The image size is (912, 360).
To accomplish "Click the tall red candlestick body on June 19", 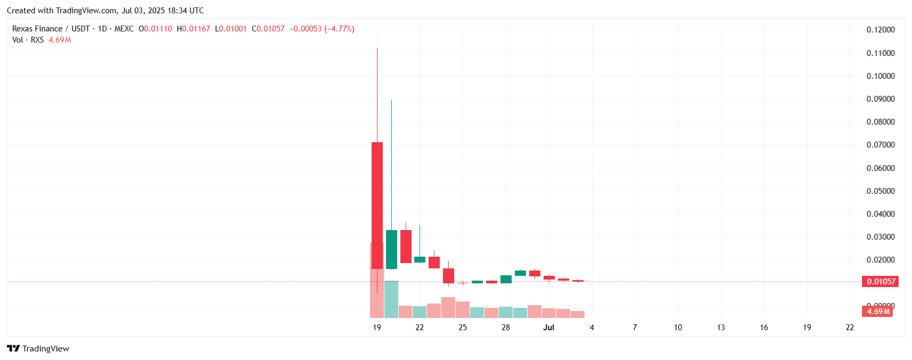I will click(x=377, y=205).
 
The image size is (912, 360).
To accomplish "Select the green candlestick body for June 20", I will click(x=391, y=249).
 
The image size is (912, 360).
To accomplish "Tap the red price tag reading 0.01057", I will click(x=880, y=282).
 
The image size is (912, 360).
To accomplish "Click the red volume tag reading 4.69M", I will click(x=877, y=312).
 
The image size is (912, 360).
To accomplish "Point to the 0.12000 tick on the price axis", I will click(x=881, y=30).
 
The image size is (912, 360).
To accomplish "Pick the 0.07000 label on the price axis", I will click(x=881, y=145).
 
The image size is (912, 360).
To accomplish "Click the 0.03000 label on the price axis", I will click(x=881, y=237).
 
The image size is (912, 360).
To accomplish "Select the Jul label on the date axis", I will click(x=548, y=328).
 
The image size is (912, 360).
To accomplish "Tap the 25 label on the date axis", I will click(x=463, y=328).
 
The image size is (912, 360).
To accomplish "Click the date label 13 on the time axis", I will click(x=721, y=328).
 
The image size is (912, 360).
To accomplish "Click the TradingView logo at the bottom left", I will click(x=38, y=349).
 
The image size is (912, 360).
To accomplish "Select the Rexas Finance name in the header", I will click(x=37, y=29).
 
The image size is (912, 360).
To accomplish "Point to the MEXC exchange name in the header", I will click(x=124, y=29).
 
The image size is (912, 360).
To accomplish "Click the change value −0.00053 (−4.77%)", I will click(x=322, y=29).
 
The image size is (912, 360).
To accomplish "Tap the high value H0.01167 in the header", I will click(x=193, y=29).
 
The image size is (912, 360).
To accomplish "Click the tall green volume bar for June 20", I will click(x=391, y=299).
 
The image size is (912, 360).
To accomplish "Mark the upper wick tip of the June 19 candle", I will click(x=377, y=48).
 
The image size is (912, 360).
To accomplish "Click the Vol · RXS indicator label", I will click(x=28, y=40).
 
